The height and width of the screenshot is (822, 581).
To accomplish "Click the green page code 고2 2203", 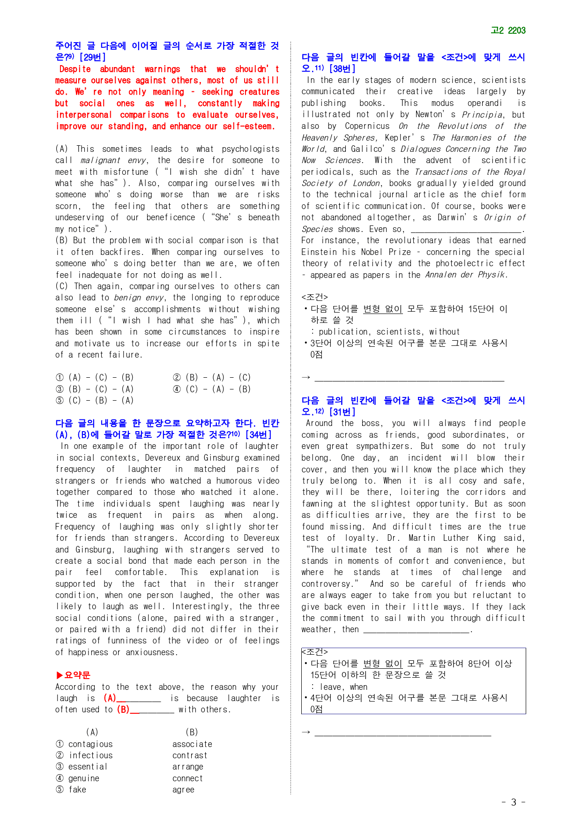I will pos(508,30).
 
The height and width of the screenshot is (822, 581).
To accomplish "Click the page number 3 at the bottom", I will pos(514,802).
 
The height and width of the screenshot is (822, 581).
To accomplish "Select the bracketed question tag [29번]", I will pos(92,57).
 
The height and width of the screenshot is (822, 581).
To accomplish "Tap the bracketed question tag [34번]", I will pos(258,434).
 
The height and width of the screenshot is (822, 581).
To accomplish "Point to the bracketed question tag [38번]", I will pos(342,69).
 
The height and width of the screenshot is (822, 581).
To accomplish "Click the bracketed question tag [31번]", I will pos(342,412).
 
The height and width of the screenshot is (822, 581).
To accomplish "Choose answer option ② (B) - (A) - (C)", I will pos(212,377).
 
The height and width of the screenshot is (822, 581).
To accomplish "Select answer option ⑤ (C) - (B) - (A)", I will pos(95,400).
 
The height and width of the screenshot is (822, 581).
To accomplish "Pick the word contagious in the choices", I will pos(90,744).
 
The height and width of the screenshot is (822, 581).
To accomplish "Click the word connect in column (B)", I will pos(187,778).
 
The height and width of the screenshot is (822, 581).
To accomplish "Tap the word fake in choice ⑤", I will pos(77,790).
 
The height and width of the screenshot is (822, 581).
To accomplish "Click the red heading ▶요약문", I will pos(73,675).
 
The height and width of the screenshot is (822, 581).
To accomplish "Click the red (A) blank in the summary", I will pos(132,698).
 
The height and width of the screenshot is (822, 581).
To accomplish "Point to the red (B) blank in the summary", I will pos(145,710).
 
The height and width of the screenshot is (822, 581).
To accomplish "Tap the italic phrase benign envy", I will pos(141,298).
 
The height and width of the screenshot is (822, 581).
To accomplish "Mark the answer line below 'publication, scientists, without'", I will pos(409,379).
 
